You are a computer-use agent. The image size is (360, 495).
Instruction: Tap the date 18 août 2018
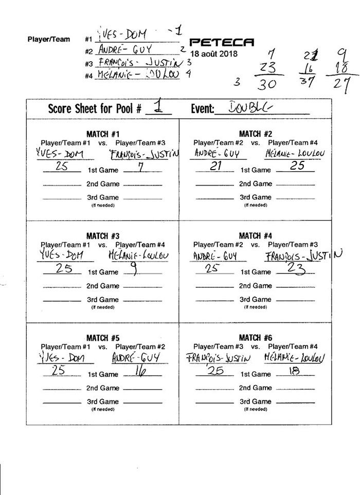[211, 53]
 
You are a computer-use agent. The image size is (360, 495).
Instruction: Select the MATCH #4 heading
[256, 236]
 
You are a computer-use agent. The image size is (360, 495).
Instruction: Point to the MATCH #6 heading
[256, 338]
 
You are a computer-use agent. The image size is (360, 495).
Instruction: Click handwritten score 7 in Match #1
[139, 168]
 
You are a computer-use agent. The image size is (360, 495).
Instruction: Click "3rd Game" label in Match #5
[102, 401]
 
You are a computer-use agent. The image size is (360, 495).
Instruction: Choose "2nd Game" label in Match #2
[256, 184]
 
